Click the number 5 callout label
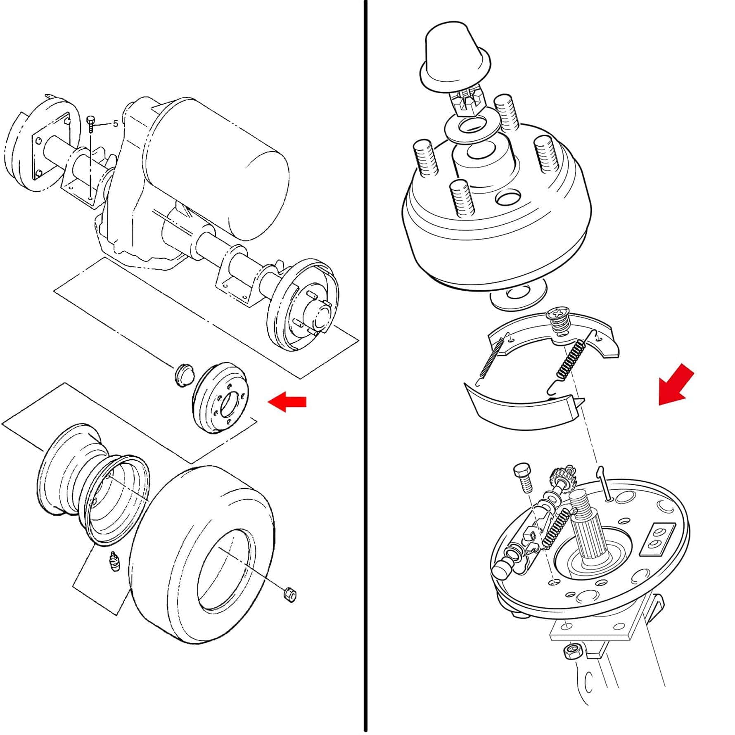click(x=116, y=123)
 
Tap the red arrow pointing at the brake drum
click(x=287, y=401)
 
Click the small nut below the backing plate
click(x=574, y=652)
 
